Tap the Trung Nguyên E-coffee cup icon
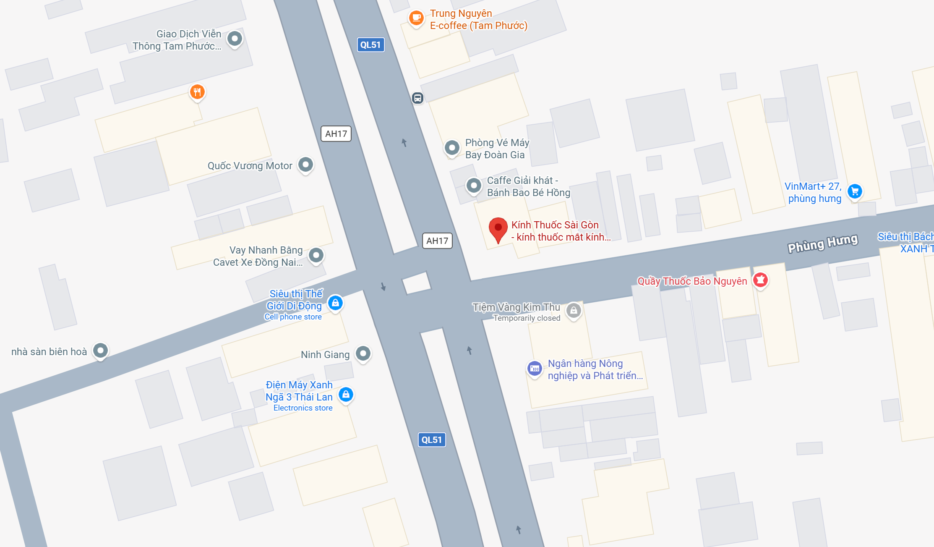click(416, 18)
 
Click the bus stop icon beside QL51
click(417, 98)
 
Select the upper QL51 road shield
click(370, 45)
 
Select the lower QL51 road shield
click(432, 440)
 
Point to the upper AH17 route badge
click(336, 134)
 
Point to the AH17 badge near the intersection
click(437, 241)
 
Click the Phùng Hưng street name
click(822, 243)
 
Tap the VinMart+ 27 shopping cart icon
click(855, 191)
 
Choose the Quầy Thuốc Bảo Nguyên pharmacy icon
click(760, 280)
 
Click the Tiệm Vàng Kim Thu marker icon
click(574, 311)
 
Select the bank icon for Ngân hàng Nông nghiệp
click(535, 369)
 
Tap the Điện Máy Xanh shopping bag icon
click(346, 395)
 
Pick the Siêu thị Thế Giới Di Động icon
click(335, 303)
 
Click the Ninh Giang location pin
click(363, 353)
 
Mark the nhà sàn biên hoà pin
click(100, 351)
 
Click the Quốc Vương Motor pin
click(305, 165)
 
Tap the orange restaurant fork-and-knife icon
click(197, 92)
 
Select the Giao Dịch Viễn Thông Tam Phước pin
click(235, 39)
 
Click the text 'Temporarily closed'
click(527, 318)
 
